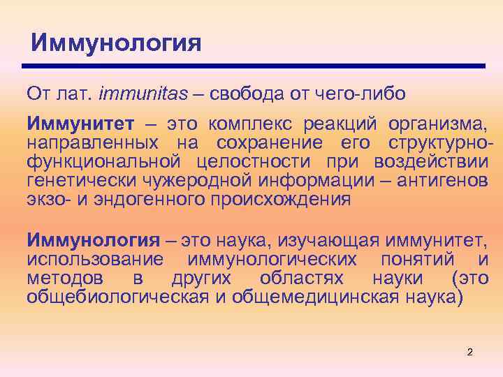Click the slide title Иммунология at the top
click(x=117, y=43)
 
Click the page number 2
click(x=469, y=352)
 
